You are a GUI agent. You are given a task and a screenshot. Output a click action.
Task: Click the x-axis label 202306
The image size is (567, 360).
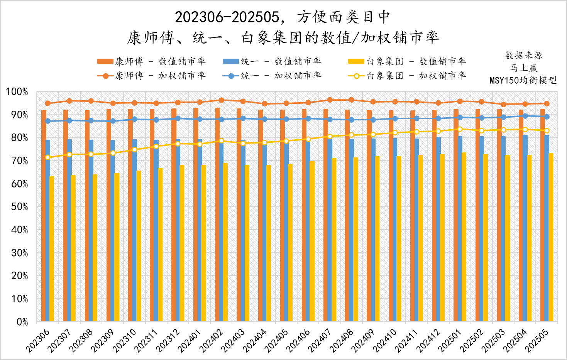click(38, 340)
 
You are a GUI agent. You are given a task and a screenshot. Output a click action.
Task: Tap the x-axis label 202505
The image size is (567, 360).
click(537, 340)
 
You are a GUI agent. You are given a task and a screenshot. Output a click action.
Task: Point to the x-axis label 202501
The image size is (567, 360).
click(450, 340)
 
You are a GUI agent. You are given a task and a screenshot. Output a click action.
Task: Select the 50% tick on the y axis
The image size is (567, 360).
click(17, 207)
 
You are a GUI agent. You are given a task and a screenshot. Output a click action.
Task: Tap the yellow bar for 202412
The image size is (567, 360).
click(442, 238)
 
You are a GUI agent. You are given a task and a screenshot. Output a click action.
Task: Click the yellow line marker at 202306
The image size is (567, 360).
click(47, 157)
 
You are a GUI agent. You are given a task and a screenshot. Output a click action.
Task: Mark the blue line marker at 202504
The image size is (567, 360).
click(525, 116)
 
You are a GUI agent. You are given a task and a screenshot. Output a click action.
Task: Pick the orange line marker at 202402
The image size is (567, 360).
click(221, 100)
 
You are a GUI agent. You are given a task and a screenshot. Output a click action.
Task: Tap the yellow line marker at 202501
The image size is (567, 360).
click(460, 129)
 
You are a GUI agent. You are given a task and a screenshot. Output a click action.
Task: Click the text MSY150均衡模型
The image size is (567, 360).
click(523, 80)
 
